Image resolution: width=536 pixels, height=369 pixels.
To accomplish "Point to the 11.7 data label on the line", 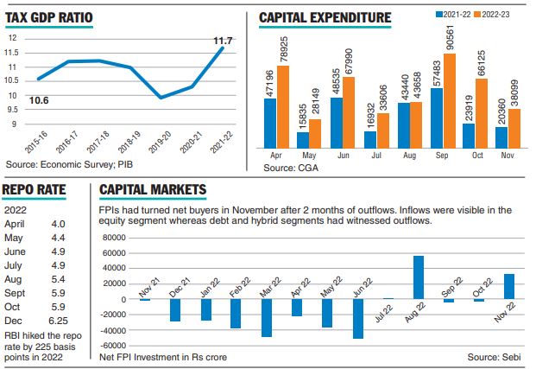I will (x=214, y=39).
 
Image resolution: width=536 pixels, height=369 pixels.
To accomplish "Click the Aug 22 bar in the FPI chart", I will (x=418, y=277).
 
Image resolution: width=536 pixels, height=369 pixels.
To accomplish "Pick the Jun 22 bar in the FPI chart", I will (x=357, y=319).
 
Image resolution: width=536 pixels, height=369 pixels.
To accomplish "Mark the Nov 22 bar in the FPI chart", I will (x=508, y=287).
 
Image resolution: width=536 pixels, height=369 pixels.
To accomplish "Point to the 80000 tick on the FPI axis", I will (x=113, y=237).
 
